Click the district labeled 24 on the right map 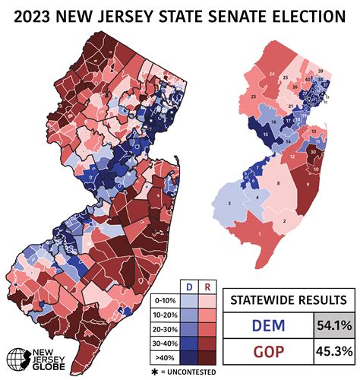tap(271, 74)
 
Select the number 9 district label tap(308, 184)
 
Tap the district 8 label tap(279, 183)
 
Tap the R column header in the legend tap(207, 286)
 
